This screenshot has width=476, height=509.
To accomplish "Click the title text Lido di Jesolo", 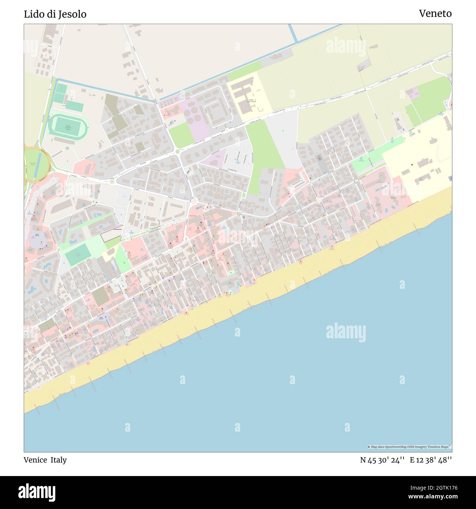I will tap(55, 14).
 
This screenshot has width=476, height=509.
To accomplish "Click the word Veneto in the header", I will tap(435, 14).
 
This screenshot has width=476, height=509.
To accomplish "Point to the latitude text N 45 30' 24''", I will tap(382, 460).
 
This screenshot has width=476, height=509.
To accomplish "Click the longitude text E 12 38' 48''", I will tap(431, 460).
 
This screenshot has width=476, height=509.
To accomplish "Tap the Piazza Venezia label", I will tap(37, 234).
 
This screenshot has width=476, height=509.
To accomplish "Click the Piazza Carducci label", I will tap(101, 318).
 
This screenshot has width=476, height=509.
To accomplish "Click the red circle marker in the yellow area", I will tap(412, 165).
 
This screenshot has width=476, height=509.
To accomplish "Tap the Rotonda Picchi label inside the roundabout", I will tap(33, 164).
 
